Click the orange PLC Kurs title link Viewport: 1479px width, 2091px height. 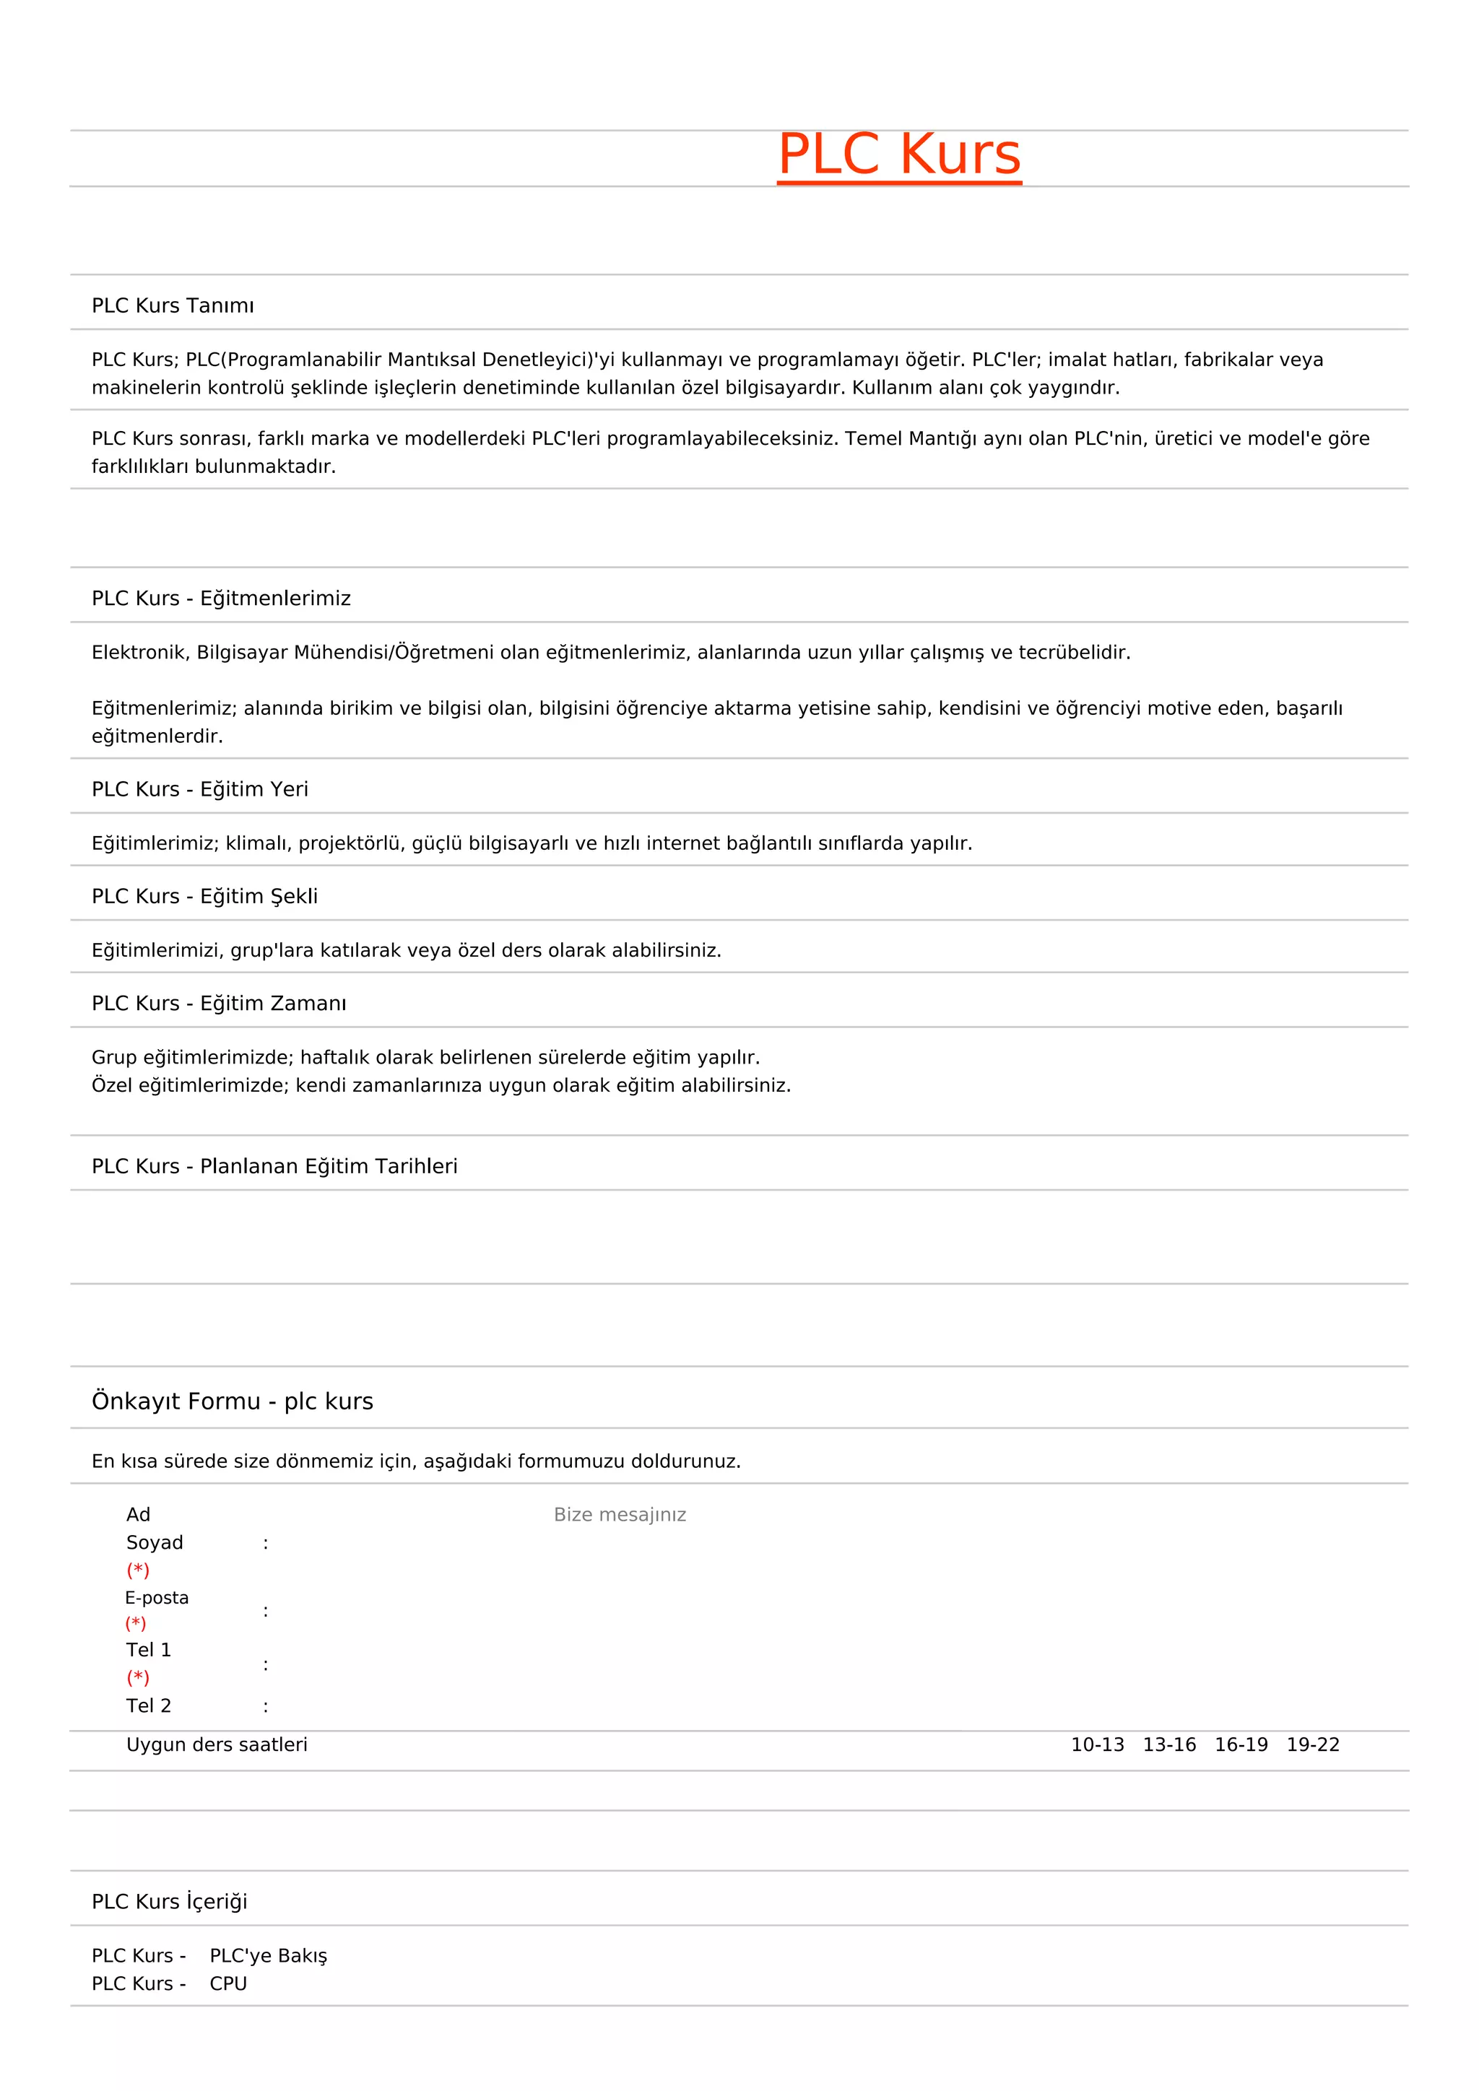[x=899, y=154]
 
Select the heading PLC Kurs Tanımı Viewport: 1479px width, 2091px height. [x=173, y=305]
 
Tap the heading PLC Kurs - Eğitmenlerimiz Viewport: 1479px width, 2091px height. [x=221, y=599]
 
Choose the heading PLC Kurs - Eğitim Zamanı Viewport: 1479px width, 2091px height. [x=219, y=1003]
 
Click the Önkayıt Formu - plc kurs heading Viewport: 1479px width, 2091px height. [x=233, y=1401]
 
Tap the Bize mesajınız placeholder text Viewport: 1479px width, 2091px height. [x=620, y=1515]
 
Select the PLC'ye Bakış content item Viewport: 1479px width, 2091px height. [x=268, y=1955]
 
